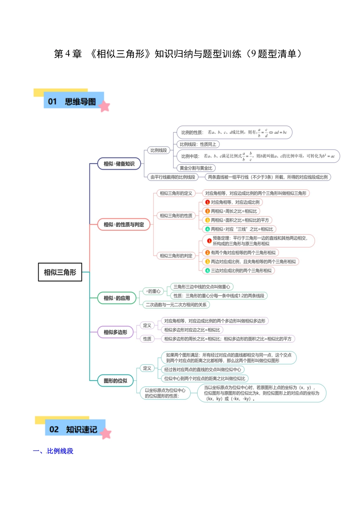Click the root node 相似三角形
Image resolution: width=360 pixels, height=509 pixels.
click(x=60, y=272)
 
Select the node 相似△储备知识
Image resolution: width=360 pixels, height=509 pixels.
click(x=119, y=164)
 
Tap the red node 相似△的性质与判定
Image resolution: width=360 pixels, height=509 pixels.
click(x=124, y=225)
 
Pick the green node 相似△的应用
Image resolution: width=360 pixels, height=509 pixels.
click(x=116, y=298)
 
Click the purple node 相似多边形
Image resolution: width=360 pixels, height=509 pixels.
click(x=115, y=332)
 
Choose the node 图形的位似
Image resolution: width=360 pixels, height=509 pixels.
click(x=115, y=381)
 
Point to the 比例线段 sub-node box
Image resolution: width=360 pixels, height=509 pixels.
click(x=158, y=150)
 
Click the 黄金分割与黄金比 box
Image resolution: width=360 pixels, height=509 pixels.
click(x=196, y=168)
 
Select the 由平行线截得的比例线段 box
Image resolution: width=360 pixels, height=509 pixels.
click(x=172, y=177)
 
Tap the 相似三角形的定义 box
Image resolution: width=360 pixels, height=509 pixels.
click(x=176, y=193)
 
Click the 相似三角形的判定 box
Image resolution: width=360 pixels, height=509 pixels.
click(x=176, y=256)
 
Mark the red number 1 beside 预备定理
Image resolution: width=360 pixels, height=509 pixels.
click(x=209, y=241)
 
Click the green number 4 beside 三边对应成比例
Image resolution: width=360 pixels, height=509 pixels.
click(x=208, y=270)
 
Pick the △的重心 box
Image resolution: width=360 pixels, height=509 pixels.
click(x=153, y=291)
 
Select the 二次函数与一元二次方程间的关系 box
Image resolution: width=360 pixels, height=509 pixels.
click(x=176, y=304)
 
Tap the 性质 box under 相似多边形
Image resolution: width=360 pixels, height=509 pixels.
click(x=147, y=339)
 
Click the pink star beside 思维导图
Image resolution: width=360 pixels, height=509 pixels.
click(x=104, y=107)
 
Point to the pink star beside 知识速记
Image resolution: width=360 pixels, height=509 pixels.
click(x=106, y=434)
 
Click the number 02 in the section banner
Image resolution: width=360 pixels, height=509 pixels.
click(x=54, y=429)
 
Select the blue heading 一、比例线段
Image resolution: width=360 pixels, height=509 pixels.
click(x=53, y=451)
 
